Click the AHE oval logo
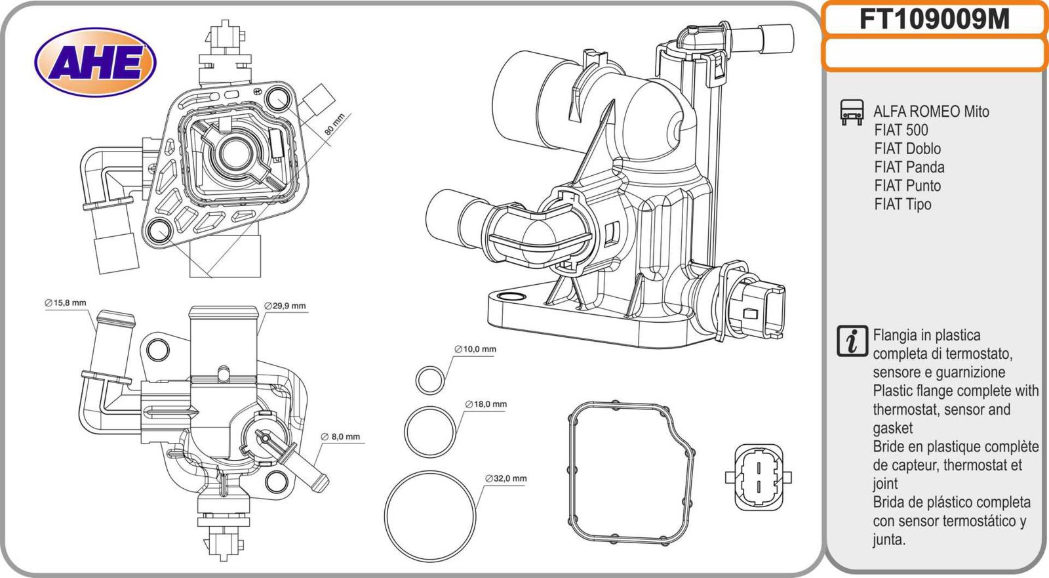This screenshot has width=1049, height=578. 95,63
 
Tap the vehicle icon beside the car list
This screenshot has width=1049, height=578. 852,112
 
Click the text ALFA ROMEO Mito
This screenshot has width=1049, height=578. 931,112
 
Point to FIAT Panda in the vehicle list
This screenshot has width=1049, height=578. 909,167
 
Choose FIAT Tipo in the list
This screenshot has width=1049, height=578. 902,204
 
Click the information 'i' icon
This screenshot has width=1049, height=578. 852,341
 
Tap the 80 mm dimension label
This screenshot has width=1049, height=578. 334,125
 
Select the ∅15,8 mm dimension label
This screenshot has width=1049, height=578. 66,303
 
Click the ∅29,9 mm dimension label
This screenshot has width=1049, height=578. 285,306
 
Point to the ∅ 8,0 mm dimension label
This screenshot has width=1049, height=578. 340,436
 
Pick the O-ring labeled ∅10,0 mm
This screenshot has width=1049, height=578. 430,379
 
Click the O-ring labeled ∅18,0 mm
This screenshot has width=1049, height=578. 430,430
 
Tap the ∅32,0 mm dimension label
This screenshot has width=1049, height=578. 505,478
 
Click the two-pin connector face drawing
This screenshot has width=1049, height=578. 757,477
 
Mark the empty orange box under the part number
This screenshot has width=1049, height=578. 934,54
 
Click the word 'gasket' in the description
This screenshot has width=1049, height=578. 892,428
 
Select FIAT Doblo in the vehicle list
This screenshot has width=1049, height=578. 907,149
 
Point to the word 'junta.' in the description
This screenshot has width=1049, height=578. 889,540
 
